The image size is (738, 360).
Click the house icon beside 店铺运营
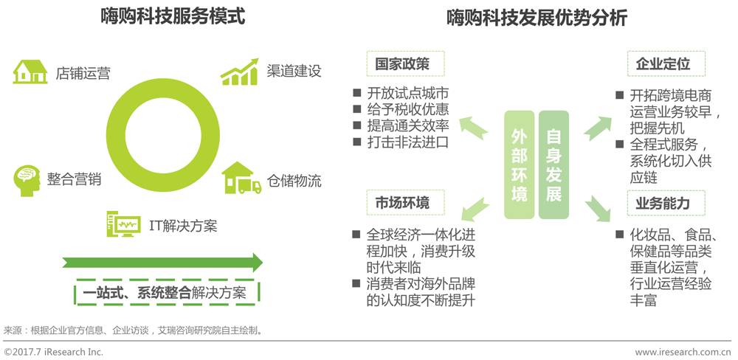(30, 72)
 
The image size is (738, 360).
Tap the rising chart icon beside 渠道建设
(238, 71)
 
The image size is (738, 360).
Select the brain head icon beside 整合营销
(27, 179)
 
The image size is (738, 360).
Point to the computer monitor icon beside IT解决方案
(123, 223)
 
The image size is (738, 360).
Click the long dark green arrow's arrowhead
(256, 263)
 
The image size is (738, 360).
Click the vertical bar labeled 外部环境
(519, 165)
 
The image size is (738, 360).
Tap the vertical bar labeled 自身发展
(553, 165)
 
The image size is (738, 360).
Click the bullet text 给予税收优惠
(407, 110)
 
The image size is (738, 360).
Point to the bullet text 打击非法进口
(407, 142)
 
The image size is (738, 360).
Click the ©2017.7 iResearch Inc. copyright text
(54, 352)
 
